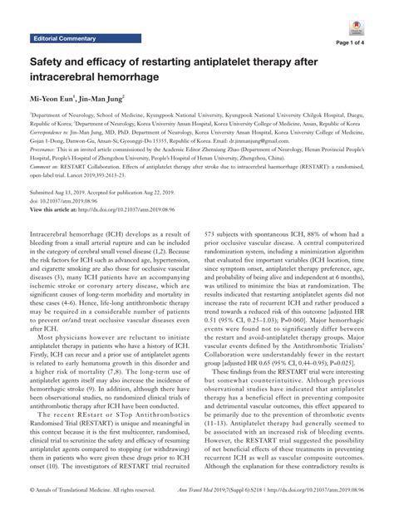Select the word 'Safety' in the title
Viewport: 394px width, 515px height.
coord(52,62)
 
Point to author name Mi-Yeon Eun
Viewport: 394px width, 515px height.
coord(59,101)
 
